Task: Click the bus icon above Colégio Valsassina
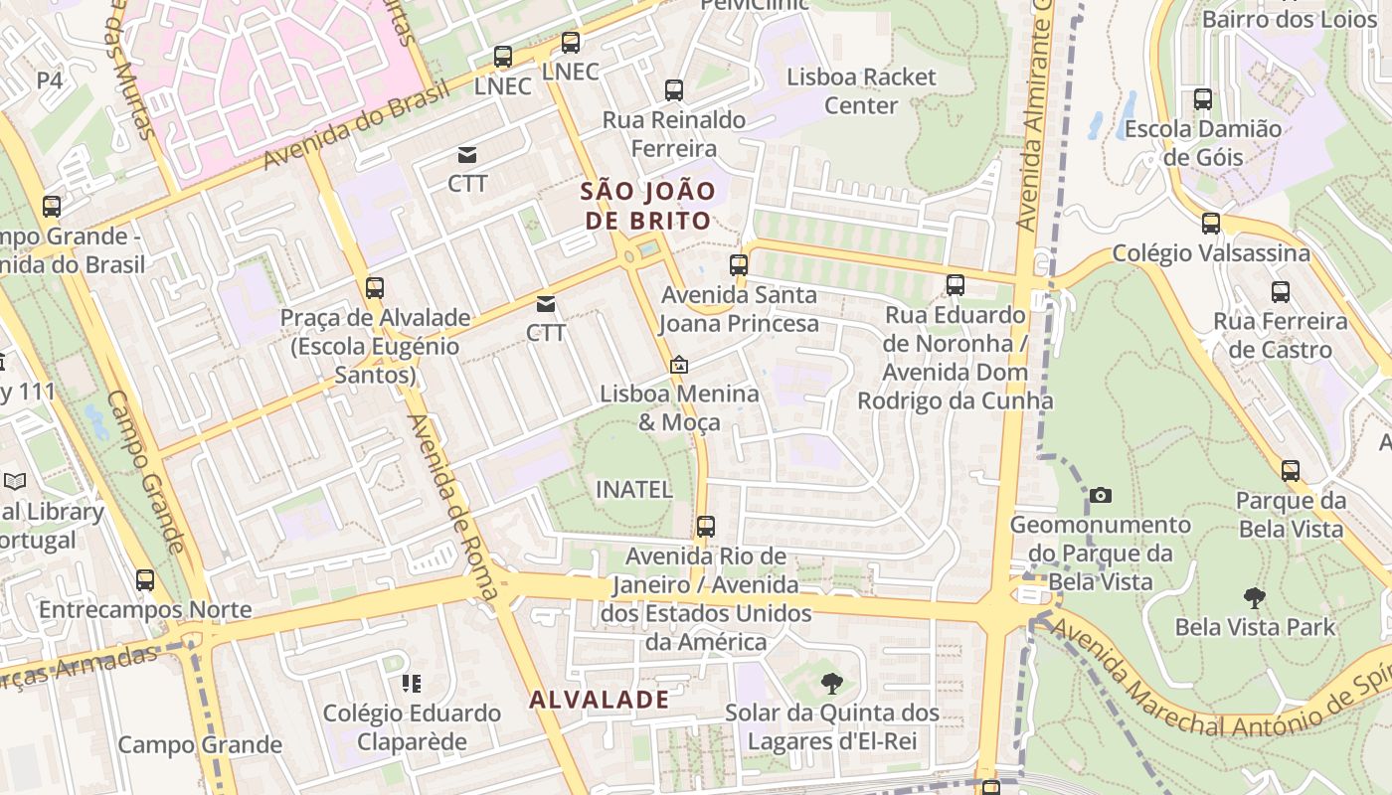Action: pyautogui.click(x=1210, y=224)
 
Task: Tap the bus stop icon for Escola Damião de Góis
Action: pyautogui.click(x=1202, y=99)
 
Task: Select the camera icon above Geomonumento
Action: pyautogui.click(x=1100, y=495)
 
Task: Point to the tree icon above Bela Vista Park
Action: pyautogui.click(x=1254, y=598)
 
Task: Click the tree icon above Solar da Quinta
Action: pyautogui.click(x=831, y=683)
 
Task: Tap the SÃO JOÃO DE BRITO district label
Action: pyautogui.click(x=648, y=206)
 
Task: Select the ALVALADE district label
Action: pyautogui.click(x=600, y=700)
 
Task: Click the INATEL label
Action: pyautogui.click(x=633, y=490)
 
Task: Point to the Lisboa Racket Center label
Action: pyautogui.click(x=861, y=91)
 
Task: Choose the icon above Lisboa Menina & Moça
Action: pyautogui.click(x=678, y=365)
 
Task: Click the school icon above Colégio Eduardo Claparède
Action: pyautogui.click(x=411, y=683)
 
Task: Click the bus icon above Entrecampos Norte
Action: pyautogui.click(x=145, y=580)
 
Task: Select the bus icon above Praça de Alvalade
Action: pyautogui.click(x=374, y=288)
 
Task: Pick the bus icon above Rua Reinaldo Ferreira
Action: pyautogui.click(x=673, y=90)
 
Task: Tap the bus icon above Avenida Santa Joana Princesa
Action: pyautogui.click(x=738, y=265)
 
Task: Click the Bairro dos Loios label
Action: pyautogui.click(x=1276, y=19)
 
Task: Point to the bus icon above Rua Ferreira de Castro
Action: pyautogui.click(x=1280, y=292)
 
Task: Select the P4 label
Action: pyautogui.click(x=50, y=79)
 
